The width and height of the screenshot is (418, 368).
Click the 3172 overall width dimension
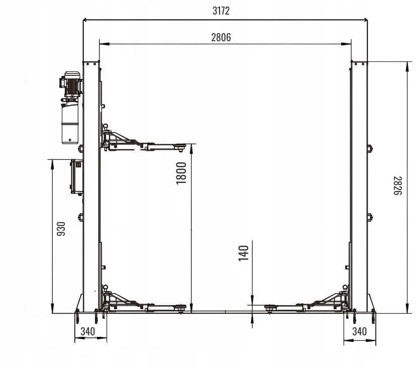221,11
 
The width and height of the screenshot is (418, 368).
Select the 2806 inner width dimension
221,37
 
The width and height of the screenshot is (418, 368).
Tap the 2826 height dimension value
397,186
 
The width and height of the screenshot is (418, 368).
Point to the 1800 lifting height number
181,173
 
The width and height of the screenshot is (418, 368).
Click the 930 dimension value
61,229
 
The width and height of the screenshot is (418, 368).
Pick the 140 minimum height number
243,253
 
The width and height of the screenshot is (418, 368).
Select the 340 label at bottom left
88,331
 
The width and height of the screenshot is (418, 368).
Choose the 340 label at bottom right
360,331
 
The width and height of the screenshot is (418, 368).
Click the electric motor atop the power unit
71,83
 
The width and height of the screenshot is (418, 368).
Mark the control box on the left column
76,176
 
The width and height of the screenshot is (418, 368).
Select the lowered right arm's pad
271,308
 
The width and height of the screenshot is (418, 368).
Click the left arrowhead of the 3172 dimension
86,20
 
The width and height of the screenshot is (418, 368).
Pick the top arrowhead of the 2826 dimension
407,66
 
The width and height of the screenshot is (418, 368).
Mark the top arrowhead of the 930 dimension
52,164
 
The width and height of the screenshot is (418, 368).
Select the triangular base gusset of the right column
371,304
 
